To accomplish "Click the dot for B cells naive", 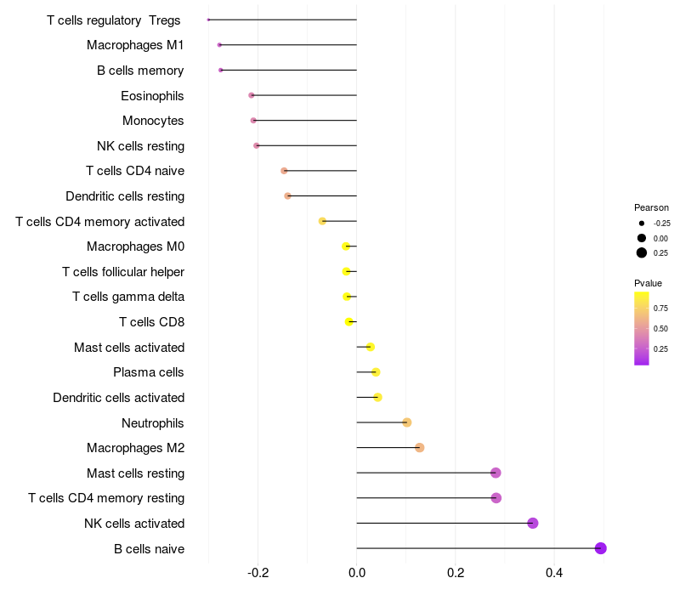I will click(600, 548).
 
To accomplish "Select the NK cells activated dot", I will click(533, 523).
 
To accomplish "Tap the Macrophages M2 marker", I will click(419, 448).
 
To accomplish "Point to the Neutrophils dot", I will click(407, 422).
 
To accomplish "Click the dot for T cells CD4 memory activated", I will click(322, 221).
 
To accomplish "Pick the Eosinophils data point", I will click(251, 95).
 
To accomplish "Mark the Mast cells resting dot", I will click(496, 473).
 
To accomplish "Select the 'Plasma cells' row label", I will click(149, 372).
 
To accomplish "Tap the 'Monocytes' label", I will click(153, 121).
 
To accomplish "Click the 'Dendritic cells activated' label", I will click(118, 398).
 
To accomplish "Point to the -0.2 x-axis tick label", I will click(258, 573).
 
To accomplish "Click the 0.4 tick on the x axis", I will click(554, 573).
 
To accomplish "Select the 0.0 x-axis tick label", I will click(357, 573).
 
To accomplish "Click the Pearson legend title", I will click(651, 207).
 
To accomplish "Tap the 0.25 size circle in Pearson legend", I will click(642, 252).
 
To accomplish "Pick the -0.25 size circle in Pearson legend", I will click(642, 223).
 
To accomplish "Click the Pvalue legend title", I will click(648, 283).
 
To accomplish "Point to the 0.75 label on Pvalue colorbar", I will click(660, 308).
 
